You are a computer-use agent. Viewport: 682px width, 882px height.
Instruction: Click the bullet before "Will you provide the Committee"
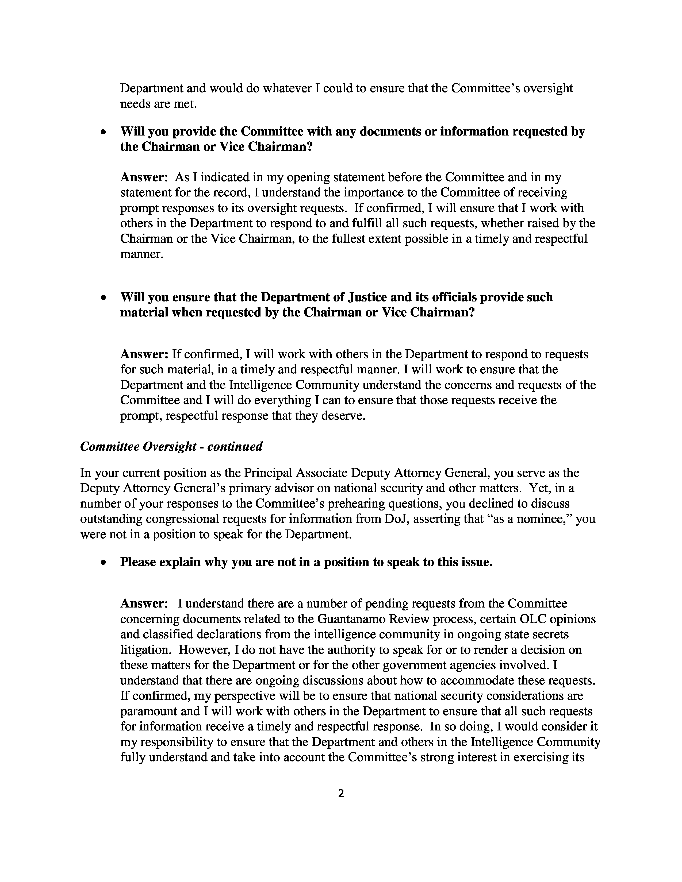click(x=104, y=132)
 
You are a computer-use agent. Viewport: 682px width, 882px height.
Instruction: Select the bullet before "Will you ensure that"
click(x=104, y=298)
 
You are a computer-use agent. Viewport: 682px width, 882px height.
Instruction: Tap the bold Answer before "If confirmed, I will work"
click(x=144, y=354)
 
